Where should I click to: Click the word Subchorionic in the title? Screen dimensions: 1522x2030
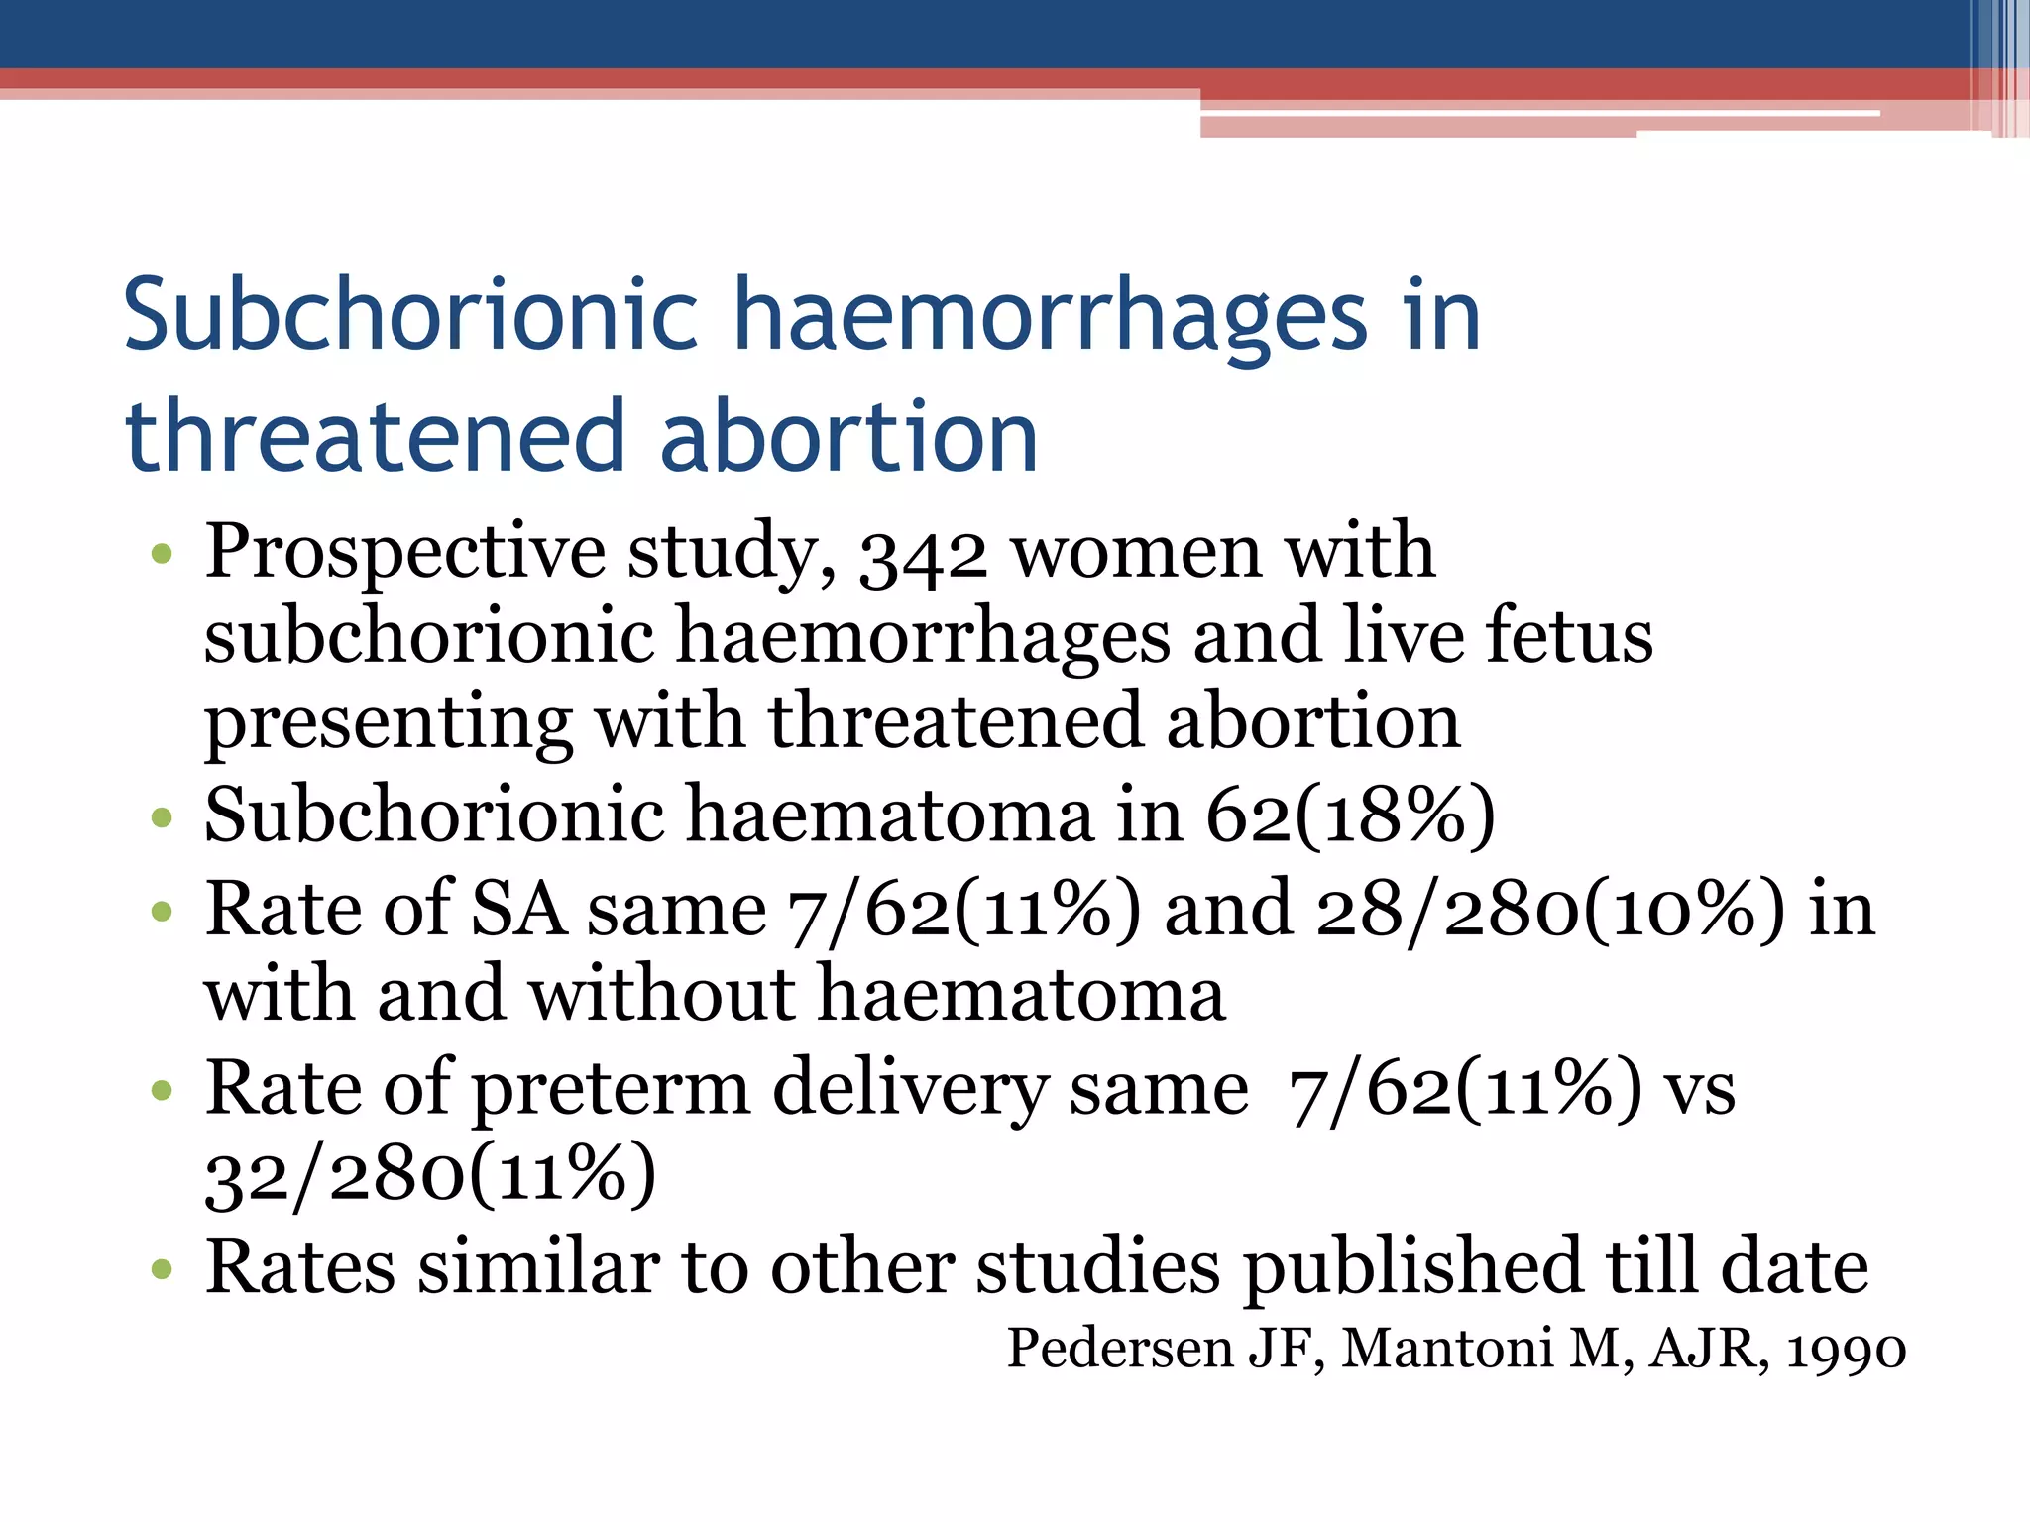pyautogui.click(x=411, y=315)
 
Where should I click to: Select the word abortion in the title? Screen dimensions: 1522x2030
pyautogui.click(x=848, y=436)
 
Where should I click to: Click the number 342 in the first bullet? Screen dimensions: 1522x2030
pyautogui.click(x=923, y=555)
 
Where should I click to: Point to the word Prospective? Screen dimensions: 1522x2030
pyautogui.click(x=404, y=553)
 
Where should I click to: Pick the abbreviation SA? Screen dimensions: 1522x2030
pyautogui.click(x=517, y=909)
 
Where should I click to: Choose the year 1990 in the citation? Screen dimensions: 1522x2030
pyautogui.click(x=1846, y=1350)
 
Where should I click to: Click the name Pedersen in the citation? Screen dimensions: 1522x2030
pyautogui.click(x=1119, y=1348)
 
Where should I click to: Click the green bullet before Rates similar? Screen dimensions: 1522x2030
pyautogui.click(x=162, y=1269)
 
